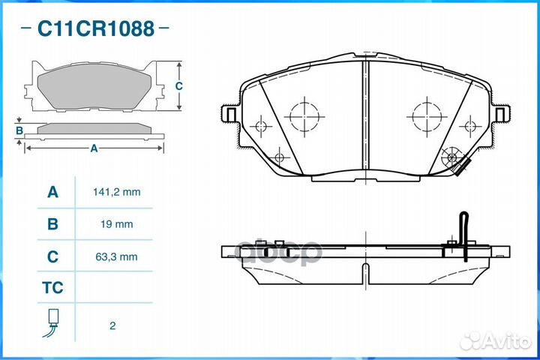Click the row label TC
pyautogui.click(x=52, y=288)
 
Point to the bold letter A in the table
pyautogui.click(x=52, y=192)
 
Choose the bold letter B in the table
pyautogui.click(x=52, y=224)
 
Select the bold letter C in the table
pyautogui.click(x=52, y=256)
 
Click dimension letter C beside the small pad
pyautogui.click(x=178, y=86)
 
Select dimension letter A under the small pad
pyautogui.click(x=94, y=148)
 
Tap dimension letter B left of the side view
pyautogui.click(x=19, y=130)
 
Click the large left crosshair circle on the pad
pyautogui.click(x=304, y=116)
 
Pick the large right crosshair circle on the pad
pyautogui.click(x=425, y=116)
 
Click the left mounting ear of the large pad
pyautogui.click(x=229, y=113)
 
